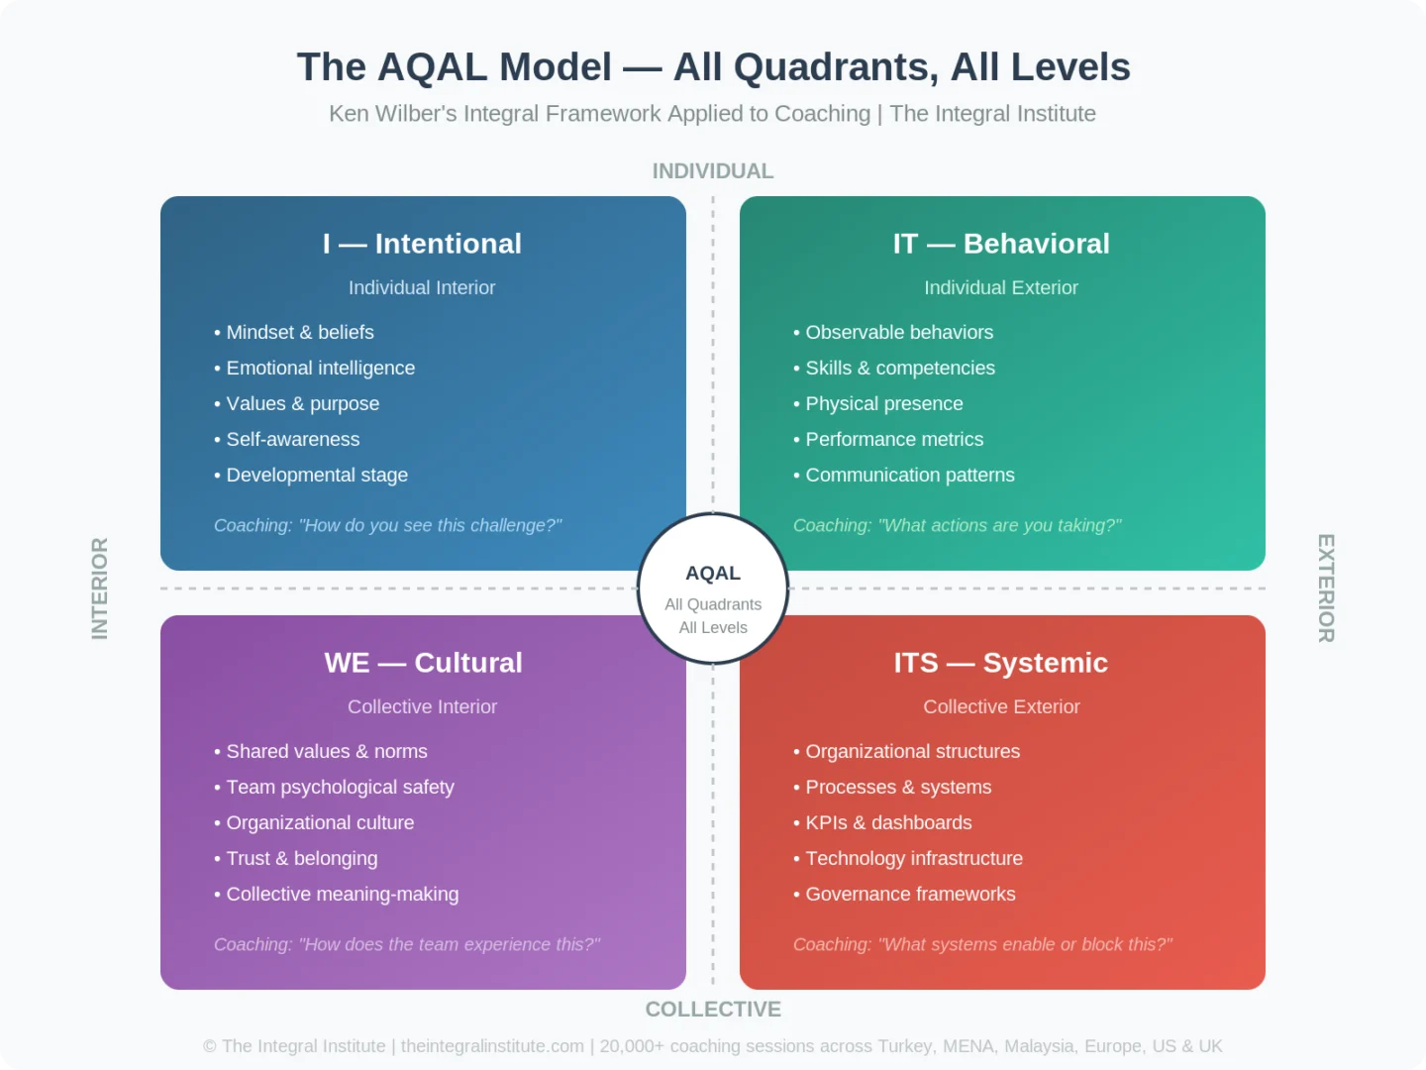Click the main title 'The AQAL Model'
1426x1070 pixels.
click(x=713, y=67)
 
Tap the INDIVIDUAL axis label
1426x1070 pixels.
click(x=713, y=171)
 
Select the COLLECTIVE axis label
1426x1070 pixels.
click(x=713, y=1010)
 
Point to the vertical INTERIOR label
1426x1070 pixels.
click(x=100, y=588)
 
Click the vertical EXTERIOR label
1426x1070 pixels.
click(x=1326, y=588)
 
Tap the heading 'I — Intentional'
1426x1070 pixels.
click(x=422, y=244)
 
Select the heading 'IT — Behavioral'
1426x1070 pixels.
click(x=1001, y=244)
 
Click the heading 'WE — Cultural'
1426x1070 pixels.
click(x=423, y=663)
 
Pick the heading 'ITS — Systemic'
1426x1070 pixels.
click(x=1001, y=663)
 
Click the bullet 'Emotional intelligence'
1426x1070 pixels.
click(x=320, y=369)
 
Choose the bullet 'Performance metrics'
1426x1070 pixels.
click(x=894, y=440)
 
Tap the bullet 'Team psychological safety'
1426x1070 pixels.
click(x=340, y=788)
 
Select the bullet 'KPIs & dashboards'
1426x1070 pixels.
click(x=888, y=823)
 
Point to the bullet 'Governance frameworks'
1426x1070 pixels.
click(x=910, y=895)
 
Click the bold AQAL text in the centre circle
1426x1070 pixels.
click(x=713, y=574)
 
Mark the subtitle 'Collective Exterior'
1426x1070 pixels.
click(x=1001, y=707)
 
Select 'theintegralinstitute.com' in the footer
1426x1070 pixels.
click(x=492, y=1046)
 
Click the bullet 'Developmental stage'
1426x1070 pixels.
click(x=317, y=476)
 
